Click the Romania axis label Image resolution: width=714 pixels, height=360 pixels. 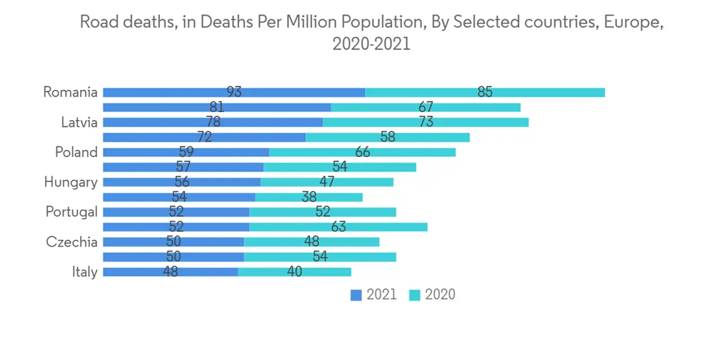(70, 92)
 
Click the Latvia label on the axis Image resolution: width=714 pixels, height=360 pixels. (79, 122)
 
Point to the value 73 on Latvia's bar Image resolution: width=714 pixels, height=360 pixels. (426, 122)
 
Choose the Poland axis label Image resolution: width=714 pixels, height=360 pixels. (76, 152)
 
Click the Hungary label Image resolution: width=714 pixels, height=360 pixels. (71, 182)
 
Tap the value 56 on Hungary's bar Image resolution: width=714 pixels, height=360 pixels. (181, 182)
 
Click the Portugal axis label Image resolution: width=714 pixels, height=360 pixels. (71, 212)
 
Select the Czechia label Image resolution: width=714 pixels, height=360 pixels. (71, 242)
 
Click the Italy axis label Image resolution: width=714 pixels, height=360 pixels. (84, 272)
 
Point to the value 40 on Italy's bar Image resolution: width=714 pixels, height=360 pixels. (294, 272)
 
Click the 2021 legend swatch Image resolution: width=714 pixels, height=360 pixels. (356, 295)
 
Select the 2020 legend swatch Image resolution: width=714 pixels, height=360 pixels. (414, 295)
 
